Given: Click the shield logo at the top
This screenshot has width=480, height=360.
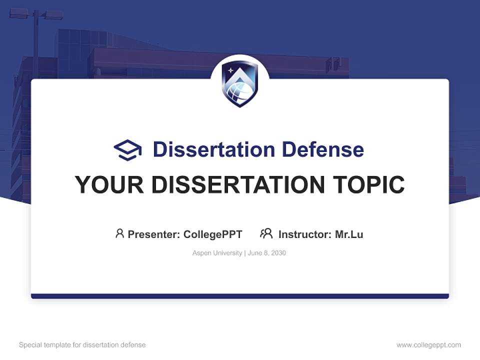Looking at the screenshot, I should [x=239, y=83].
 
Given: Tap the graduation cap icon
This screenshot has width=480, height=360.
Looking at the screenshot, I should [x=128, y=150].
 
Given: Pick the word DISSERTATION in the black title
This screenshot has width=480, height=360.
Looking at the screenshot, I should [x=235, y=185].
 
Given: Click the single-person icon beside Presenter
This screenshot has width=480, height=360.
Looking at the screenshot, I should [x=119, y=233].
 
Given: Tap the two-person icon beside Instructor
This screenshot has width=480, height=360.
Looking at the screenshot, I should [x=266, y=233].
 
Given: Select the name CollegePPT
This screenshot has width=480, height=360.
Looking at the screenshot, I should [x=213, y=234].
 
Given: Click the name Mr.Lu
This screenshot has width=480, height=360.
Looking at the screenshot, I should [x=349, y=234].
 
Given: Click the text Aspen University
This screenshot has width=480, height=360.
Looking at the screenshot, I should [x=217, y=253].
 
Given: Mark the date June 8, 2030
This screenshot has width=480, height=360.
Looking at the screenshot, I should [x=267, y=253].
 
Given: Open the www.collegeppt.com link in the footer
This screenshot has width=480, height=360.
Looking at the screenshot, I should [x=428, y=345].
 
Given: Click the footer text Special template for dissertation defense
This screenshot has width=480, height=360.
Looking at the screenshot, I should [x=82, y=345].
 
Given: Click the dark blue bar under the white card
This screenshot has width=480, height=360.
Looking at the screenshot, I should [x=239, y=296].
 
